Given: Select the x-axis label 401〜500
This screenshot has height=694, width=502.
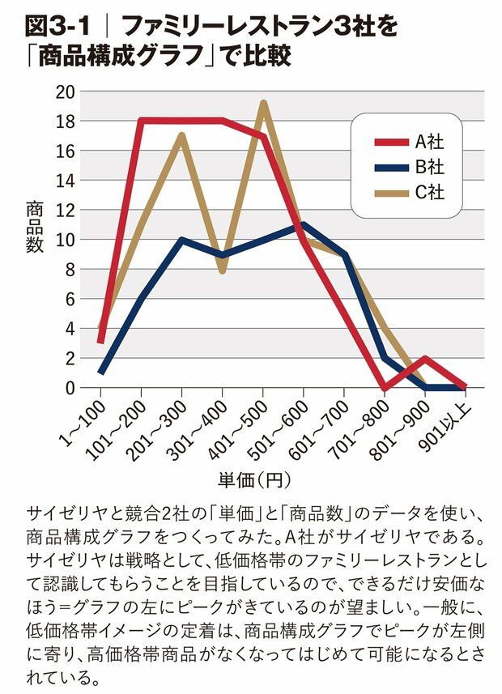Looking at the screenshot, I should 244,422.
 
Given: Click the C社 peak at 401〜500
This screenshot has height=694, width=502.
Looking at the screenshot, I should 264,104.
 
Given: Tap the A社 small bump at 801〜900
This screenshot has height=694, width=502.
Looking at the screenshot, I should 426,359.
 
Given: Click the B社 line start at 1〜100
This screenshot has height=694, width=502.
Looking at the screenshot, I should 100,373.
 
